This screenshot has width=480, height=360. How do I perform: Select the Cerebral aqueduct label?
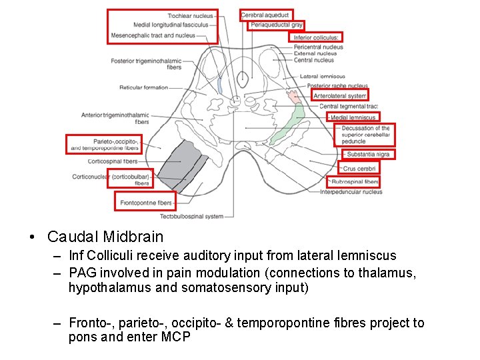pyautogui.click(x=265, y=15)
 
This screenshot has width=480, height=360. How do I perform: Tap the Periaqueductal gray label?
pyautogui.click(x=276, y=25)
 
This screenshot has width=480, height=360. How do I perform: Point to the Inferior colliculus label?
pyautogui.click(x=317, y=38)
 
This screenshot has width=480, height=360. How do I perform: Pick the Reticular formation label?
pyautogui.click(x=143, y=87)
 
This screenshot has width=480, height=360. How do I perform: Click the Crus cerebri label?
pyautogui.click(x=359, y=169)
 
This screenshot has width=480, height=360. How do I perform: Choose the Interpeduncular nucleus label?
pyautogui.click(x=351, y=192)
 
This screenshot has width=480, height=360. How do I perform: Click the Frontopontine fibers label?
pyautogui.click(x=146, y=203)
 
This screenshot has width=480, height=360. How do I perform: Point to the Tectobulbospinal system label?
pyautogui.click(x=191, y=216)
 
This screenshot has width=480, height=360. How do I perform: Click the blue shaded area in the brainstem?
pyautogui.click(x=220, y=86)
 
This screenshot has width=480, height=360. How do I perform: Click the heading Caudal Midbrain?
pyautogui.click(x=105, y=237)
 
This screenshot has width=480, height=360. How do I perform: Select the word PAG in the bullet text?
pyautogui.click(x=81, y=273)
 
